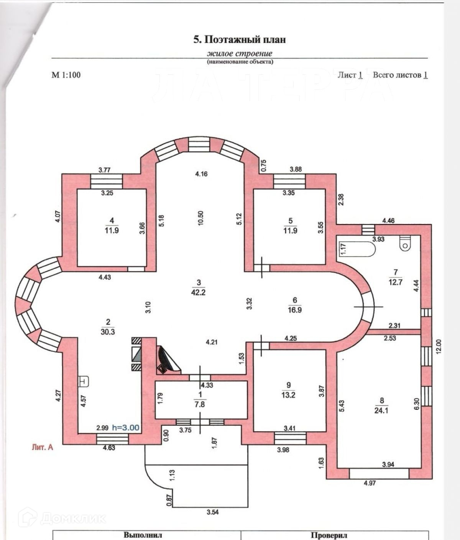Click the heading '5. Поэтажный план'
(239, 39)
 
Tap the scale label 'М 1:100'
(66, 75)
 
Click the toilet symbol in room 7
(405, 243)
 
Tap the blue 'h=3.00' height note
(125, 428)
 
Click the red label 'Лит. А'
(42, 447)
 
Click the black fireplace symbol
(168, 360)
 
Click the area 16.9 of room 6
(294, 310)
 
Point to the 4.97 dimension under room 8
(370, 483)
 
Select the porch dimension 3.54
(212, 512)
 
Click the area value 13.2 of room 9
(288, 395)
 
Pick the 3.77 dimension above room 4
(105, 170)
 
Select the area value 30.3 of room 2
(108, 332)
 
